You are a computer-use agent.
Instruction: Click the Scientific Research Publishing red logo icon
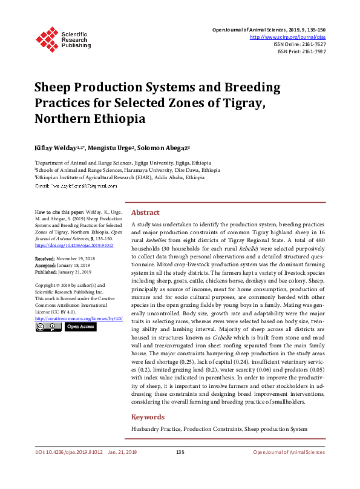pos(47,38)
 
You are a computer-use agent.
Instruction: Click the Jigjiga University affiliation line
pos(123,163)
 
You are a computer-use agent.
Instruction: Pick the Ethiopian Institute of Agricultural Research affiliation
pos(120,178)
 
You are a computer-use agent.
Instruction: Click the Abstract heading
pos(145,213)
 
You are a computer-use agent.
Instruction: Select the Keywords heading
pos(148,417)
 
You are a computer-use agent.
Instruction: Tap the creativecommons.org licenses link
pos(79,318)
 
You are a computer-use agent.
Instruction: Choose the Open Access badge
pos(80,327)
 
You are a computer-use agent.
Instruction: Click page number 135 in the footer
pos(180,469)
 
